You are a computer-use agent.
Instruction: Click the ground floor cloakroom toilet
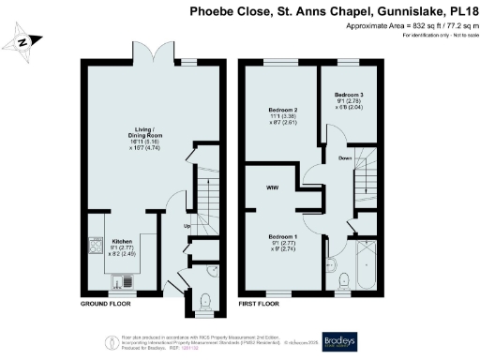pos(206,301)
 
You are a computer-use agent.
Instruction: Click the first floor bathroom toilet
pos(342,277)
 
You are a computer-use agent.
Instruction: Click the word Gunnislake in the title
pos(417,11)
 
